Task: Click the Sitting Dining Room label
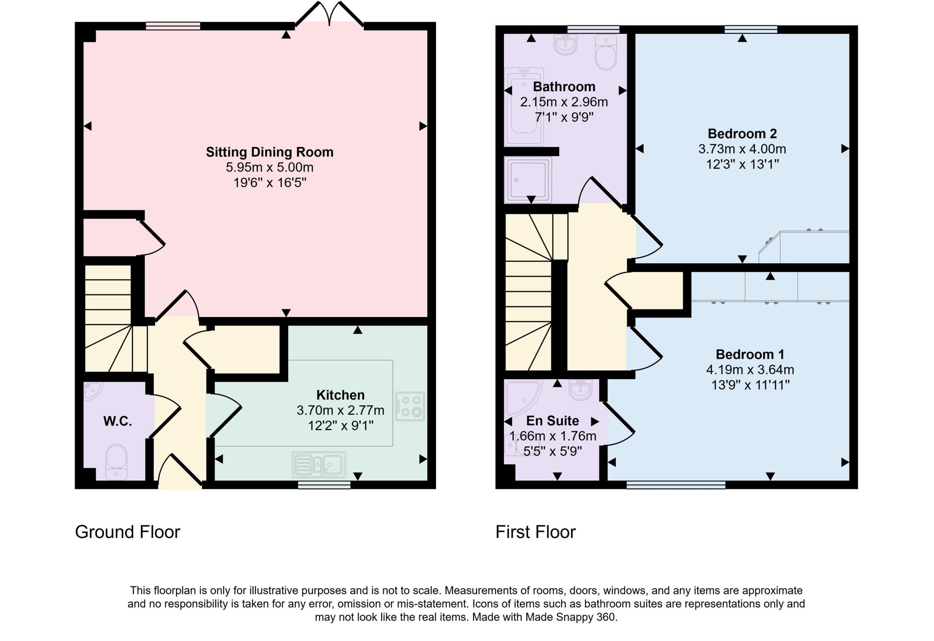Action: tap(270, 152)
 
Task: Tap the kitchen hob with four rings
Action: tap(410, 406)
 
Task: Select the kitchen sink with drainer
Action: tap(319, 464)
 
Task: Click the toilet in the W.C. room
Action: tap(116, 461)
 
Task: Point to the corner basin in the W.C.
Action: tap(93, 391)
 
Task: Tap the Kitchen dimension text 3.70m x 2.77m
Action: tap(340, 411)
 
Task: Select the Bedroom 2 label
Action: tap(742, 134)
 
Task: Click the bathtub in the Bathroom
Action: tap(524, 106)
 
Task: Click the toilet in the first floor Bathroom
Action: tap(606, 53)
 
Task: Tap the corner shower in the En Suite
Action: tap(522, 395)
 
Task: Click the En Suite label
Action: tap(552, 421)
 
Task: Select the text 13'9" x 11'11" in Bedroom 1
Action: tap(750, 385)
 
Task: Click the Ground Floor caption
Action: tap(128, 532)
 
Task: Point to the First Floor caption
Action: tap(535, 532)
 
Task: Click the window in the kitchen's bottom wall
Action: tap(324, 485)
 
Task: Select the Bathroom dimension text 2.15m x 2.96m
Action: tap(564, 102)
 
